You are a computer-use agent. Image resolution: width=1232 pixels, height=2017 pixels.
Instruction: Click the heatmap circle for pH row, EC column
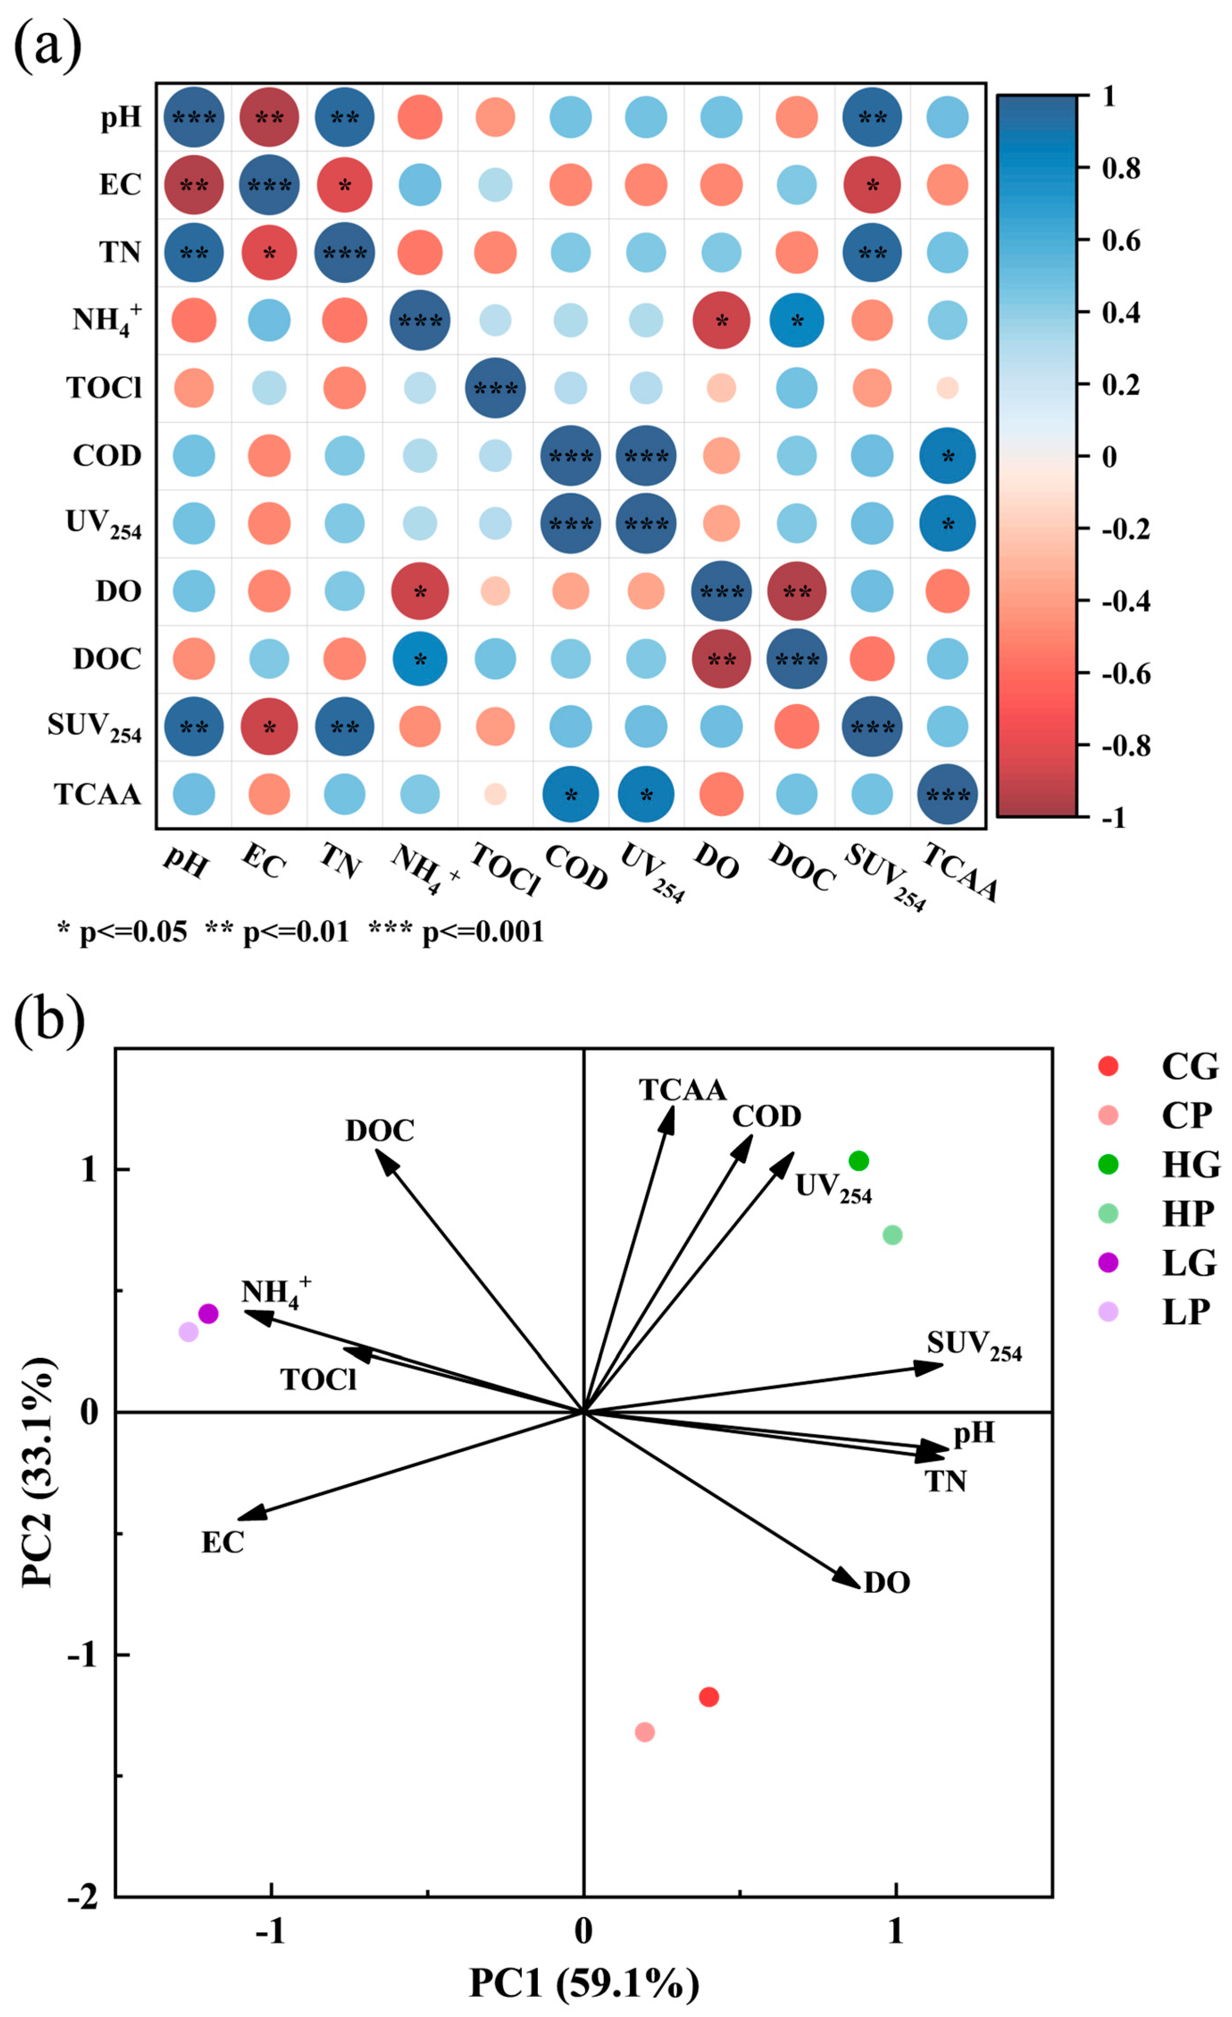pos(269,117)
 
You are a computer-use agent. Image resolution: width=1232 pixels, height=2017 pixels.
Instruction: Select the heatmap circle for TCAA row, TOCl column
pos(495,794)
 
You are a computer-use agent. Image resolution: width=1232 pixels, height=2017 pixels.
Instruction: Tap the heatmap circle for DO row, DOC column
pos(796,591)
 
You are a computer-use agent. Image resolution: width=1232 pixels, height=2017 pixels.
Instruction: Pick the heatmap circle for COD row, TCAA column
pos(947,455)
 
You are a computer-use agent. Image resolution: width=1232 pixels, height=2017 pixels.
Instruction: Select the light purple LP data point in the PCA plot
pos(189,1332)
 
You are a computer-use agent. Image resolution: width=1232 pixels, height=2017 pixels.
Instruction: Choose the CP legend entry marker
pos(1107,1115)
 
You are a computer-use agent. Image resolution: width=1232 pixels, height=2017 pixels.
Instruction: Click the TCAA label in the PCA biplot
pos(683,1090)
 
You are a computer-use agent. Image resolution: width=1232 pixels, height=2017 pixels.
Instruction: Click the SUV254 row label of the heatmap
pos(94,727)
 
